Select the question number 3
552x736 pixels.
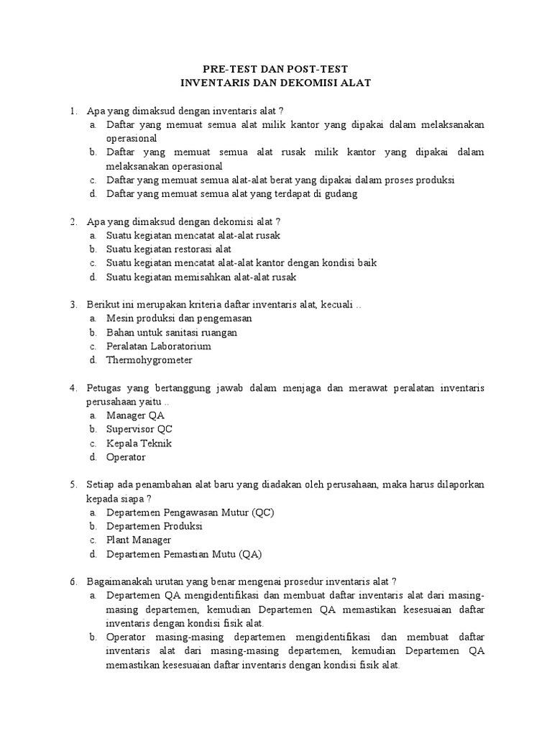pyautogui.click(x=73, y=305)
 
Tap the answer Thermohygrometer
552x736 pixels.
pyautogui.click(x=149, y=360)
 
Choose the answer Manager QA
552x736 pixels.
pyautogui.click(x=135, y=415)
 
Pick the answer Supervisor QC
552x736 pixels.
pyautogui.click(x=139, y=429)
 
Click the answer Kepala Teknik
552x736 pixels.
pyautogui.click(x=139, y=443)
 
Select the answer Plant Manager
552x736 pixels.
pyautogui.click(x=139, y=540)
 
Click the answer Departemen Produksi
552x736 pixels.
pyautogui.click(x=154, y=526)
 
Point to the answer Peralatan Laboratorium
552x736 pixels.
pyautogui.click(x=158, y=346)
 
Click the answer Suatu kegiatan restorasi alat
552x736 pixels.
pyautogui.click(x=169, y=249)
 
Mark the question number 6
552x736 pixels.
pyautogui.click(x=73, y=581)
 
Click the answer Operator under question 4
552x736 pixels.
pyautogui.click(x=126, y=457)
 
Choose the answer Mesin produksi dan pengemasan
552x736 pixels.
pyautogui.click(x=179, y=318)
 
